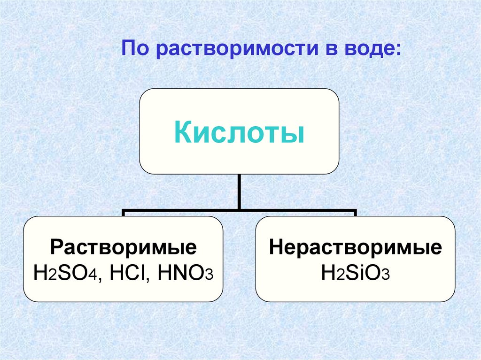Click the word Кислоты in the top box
tap(239, 133)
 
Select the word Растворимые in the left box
tap(124, 248)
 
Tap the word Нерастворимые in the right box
tap(355, 248)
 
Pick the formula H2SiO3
tap(355, 272)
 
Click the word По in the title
tap(135, 48)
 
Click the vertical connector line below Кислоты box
tap(240, 191)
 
